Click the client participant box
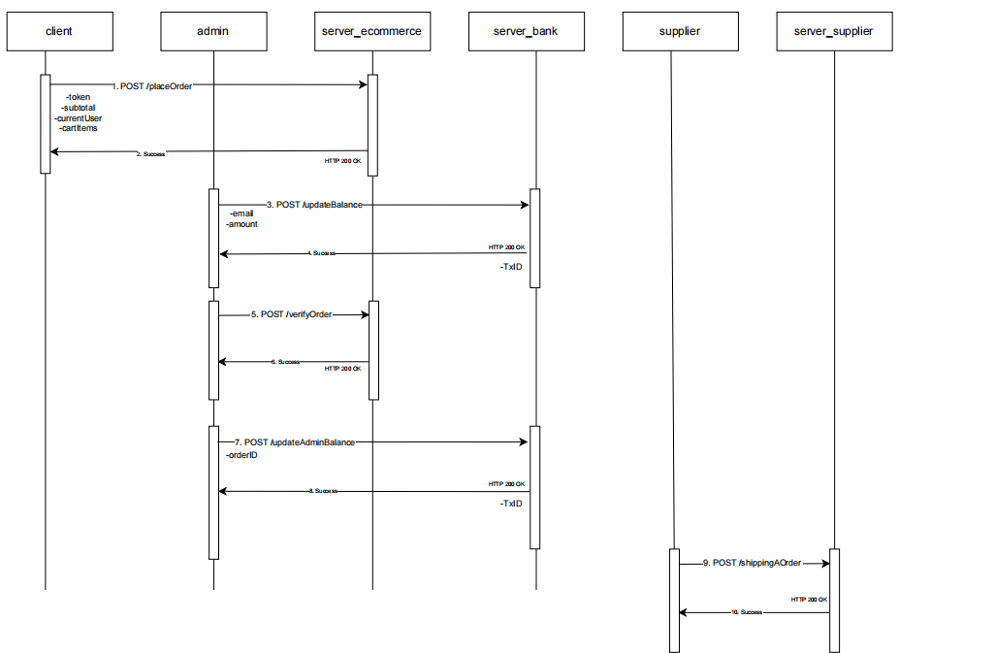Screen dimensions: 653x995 (58, 31)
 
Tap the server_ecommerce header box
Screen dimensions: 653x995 (371, 31)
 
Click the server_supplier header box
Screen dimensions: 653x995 (833, 31)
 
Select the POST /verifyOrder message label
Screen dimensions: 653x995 (292, 314)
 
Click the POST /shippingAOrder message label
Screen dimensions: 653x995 (753, 563)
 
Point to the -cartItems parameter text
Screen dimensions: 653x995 (79, 128)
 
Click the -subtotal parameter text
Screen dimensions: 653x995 (80, 108)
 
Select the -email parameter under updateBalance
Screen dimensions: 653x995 (241, 214)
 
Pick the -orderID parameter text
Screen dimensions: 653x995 (241, 454)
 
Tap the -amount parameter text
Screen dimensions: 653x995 (241, 224)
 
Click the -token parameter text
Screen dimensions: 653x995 (78, 97)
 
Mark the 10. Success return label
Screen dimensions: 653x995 (747, 613)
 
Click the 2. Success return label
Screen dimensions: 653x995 (150, 153)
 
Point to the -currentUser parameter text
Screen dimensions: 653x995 (79, 118)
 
